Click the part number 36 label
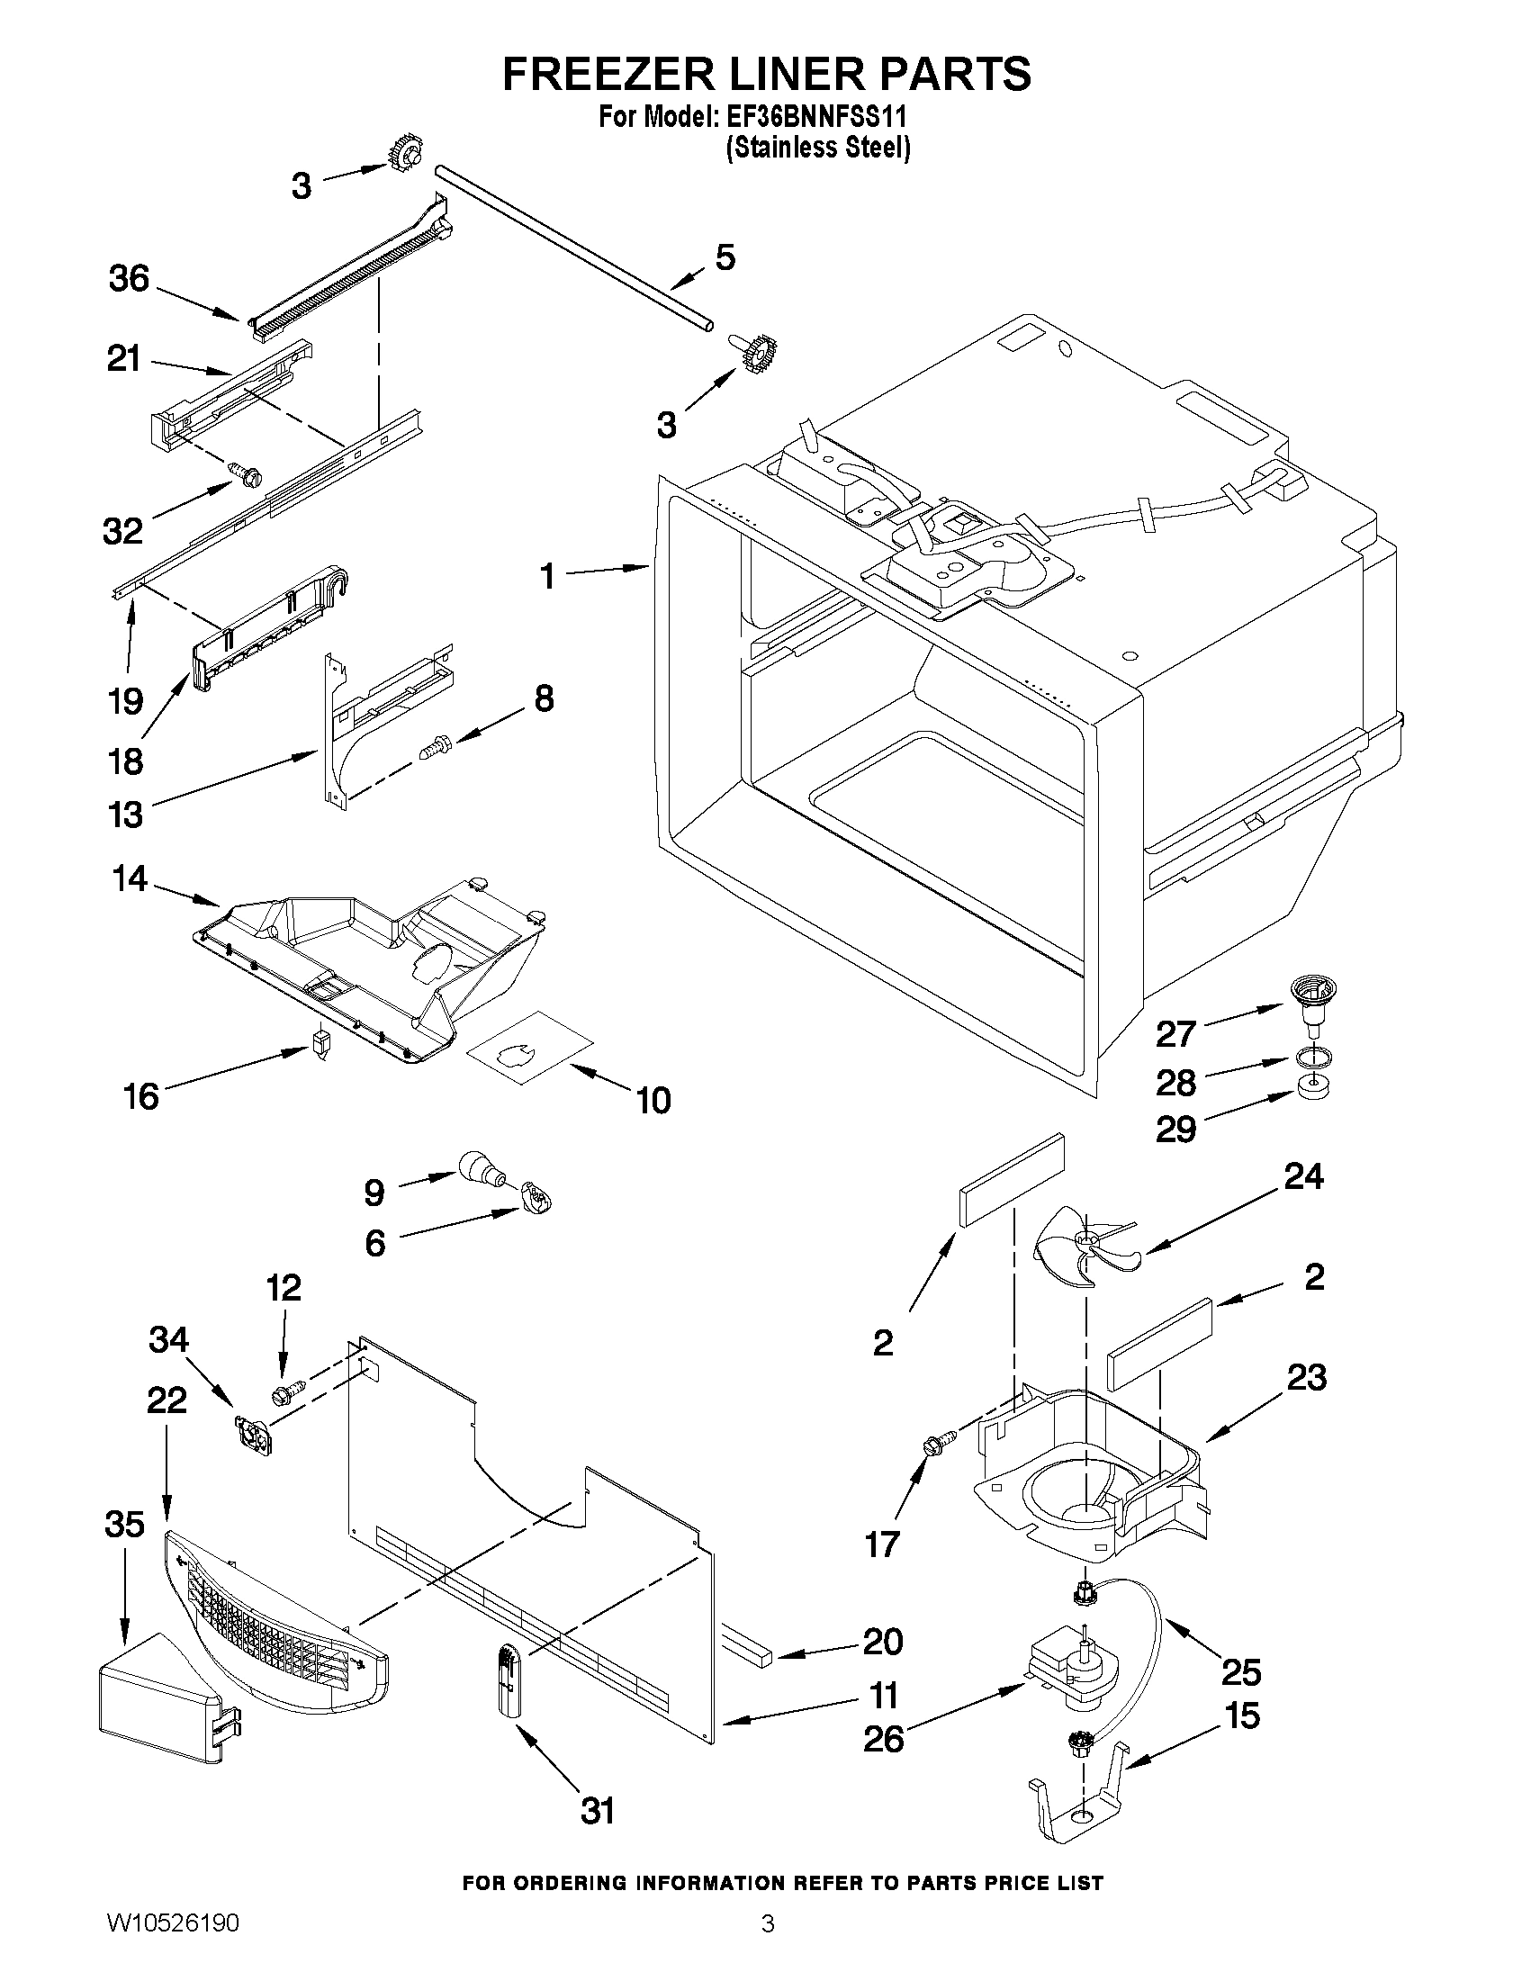click(x=129, y=278)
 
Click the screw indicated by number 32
click(x=247, y=473)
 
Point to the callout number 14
click(x=131, y=878)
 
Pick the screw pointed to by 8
click(x=435, y=748)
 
